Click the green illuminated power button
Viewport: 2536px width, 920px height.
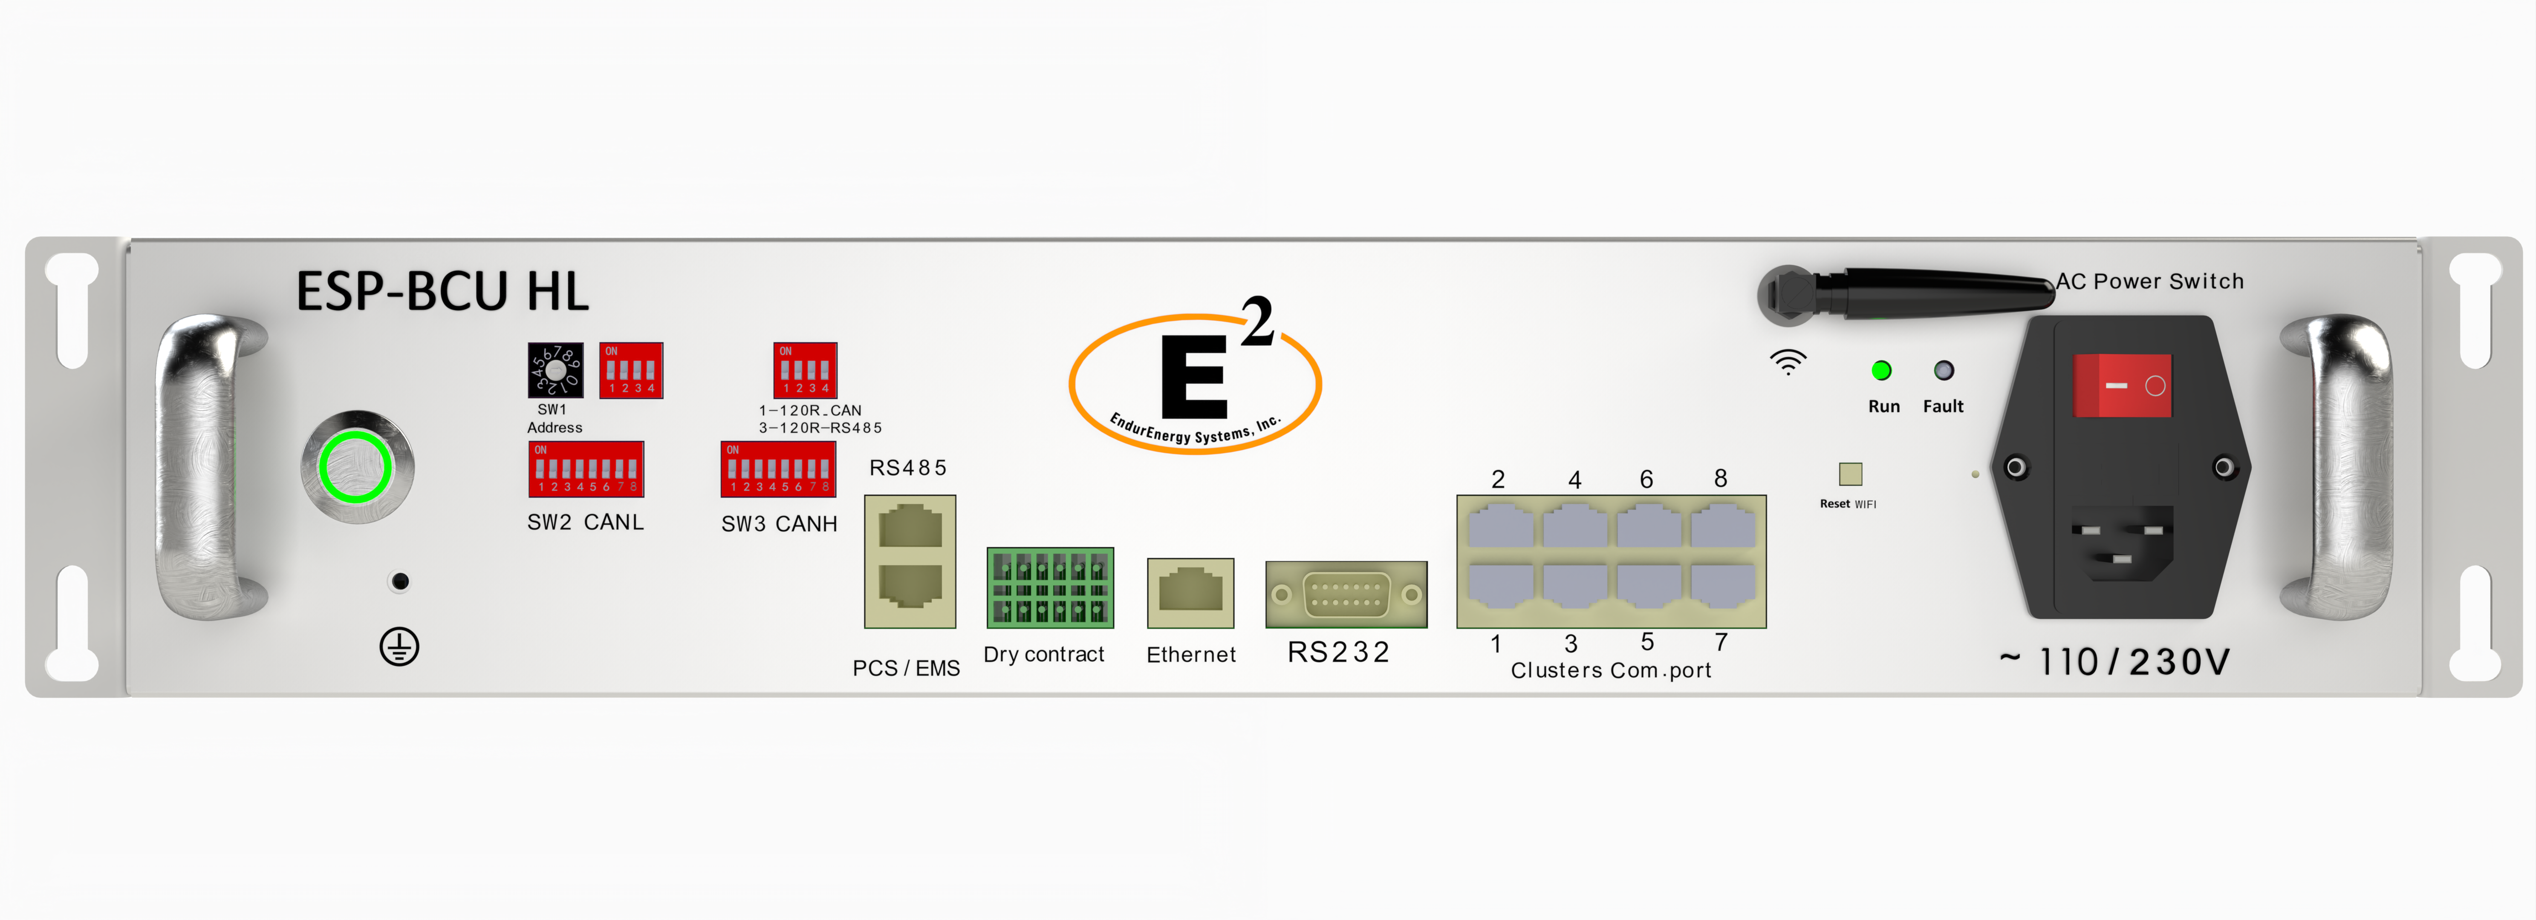click(x=356, y=467)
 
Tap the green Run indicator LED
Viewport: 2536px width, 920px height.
click(x=1880, y=371)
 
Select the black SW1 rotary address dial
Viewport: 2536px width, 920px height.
click(x=555, y=370)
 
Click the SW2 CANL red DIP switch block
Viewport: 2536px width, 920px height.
click(x=586, y=469)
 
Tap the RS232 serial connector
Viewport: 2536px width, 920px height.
click(x=1346, y=594)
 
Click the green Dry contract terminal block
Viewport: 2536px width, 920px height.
click(x=1049, y=587)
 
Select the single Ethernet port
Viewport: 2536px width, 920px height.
click(x=1190, y=592)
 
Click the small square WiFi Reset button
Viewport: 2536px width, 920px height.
click(x=1850, y=474)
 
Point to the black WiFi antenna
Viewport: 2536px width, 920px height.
click(x=1920, y=293)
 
